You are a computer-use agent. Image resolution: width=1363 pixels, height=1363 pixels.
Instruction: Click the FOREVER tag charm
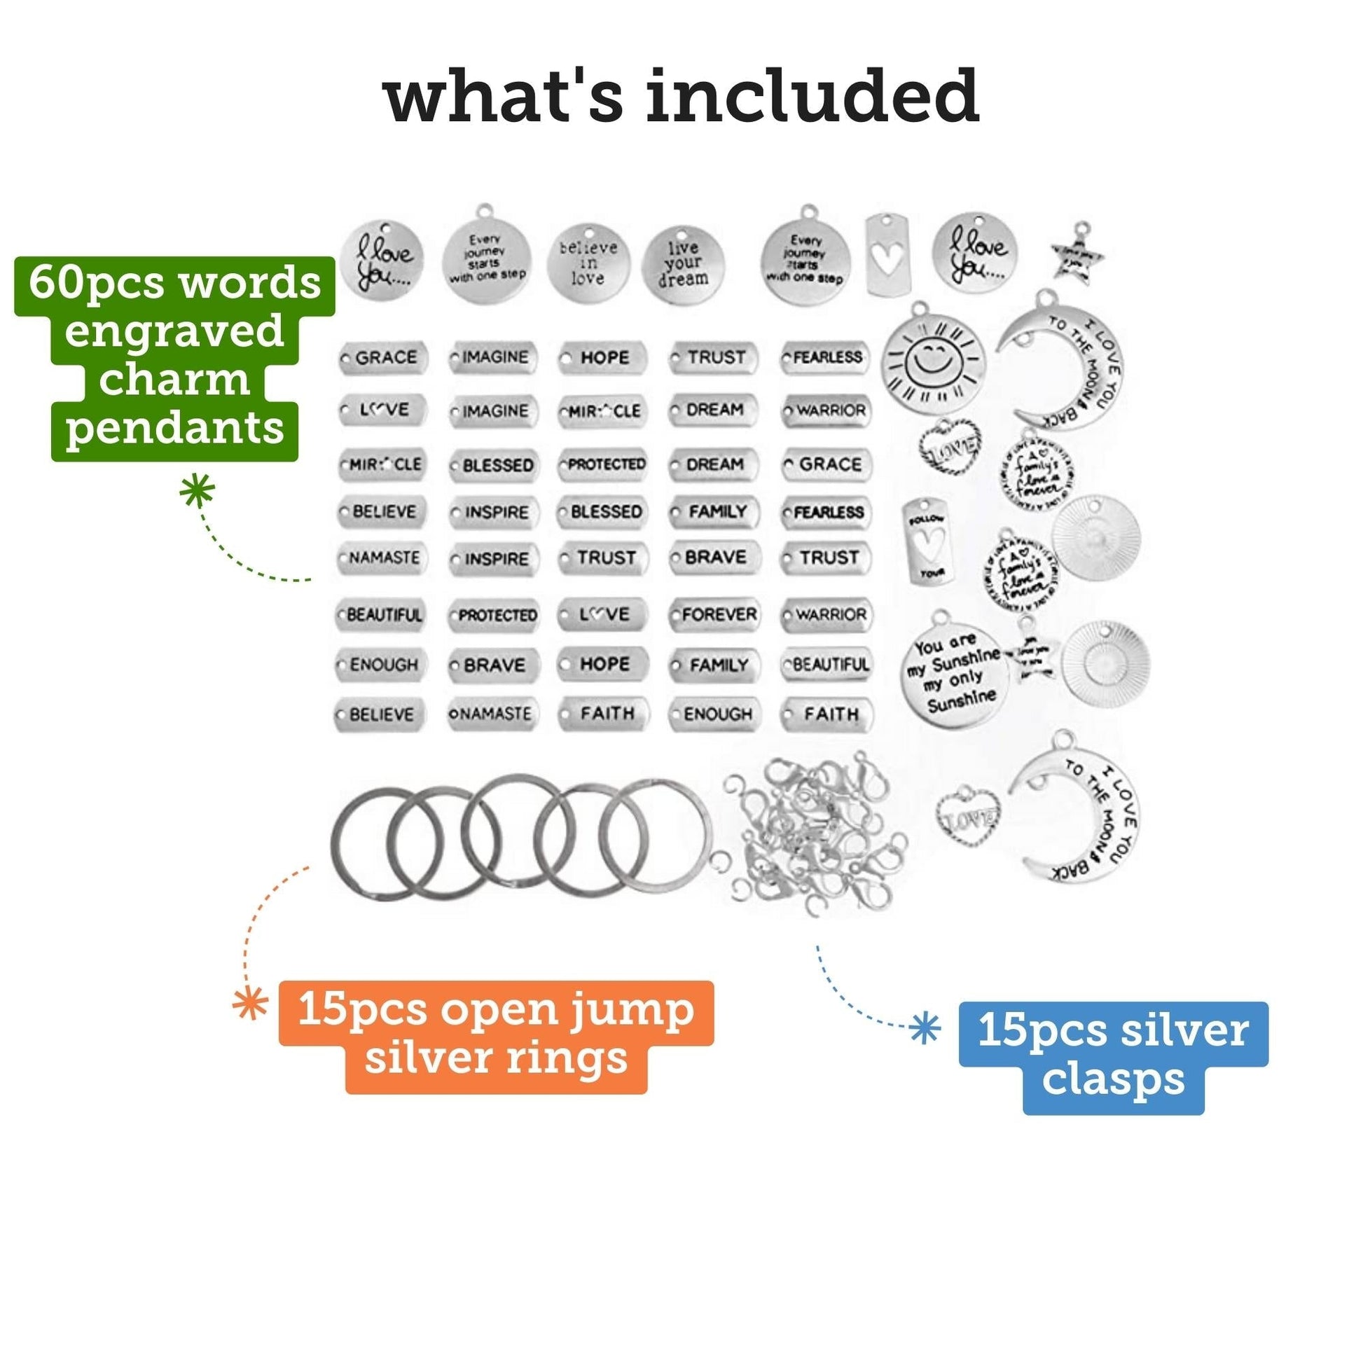tap(714, 614)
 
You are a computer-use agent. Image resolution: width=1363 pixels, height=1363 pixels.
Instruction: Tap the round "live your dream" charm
tap(682, 265)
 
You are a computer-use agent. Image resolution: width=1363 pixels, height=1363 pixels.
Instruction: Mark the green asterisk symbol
tap(197, 490)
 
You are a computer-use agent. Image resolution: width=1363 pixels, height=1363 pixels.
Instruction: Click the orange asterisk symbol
tap(251, 1003)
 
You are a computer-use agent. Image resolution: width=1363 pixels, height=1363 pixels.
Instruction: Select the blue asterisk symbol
tap(925, 1029)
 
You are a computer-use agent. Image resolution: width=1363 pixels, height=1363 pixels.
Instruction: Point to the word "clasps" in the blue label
tap(1113, 1079)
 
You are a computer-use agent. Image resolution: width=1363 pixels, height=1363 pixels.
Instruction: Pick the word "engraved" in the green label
tap(174, 331)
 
